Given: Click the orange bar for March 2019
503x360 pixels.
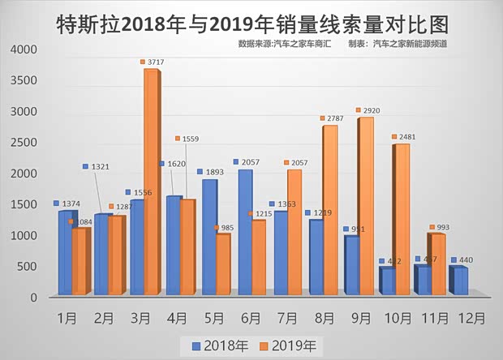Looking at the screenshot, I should (151, 182).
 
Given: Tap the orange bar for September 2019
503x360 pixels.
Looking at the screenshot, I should (366, 206).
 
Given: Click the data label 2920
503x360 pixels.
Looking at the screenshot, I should (372, 110).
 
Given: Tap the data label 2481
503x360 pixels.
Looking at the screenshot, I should (407, 137).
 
